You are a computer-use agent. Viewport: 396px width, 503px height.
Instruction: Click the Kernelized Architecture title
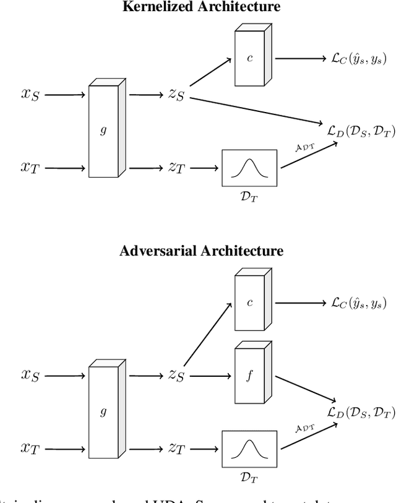tap(200, 7)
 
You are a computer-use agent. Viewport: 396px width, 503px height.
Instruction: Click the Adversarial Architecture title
tap(200, 251)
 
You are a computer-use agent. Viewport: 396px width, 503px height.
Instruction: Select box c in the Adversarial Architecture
tap(251, 303)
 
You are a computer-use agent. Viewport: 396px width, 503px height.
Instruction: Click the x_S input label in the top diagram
tap(30, 96)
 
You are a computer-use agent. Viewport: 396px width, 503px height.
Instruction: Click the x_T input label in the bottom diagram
tap(30, 449)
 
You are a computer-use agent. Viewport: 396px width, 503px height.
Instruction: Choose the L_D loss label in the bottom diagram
tap(361, 413)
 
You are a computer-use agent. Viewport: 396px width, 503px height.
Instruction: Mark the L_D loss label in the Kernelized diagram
tap(361, 131)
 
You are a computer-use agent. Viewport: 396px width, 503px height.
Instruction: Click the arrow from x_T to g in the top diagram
tap(64, 168)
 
